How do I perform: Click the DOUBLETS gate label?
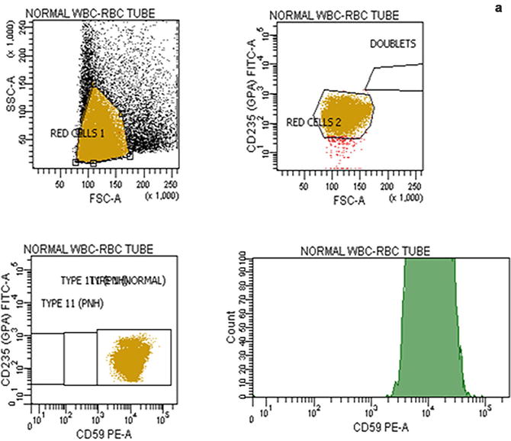(393, 43)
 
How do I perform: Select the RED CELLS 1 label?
(76, 133)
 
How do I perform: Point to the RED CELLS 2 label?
(314, 122)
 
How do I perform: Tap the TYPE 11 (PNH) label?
(72, 304)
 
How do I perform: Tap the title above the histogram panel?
(365, 251)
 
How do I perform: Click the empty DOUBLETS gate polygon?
(393, 79)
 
